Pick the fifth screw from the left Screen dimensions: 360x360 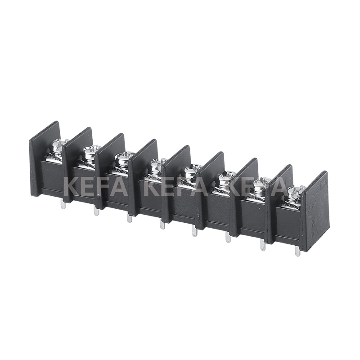pos(192,171)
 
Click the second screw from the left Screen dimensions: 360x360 pos(90,152)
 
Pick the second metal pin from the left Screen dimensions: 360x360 pos(96,211)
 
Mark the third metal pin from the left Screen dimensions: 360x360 pos(130,218)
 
